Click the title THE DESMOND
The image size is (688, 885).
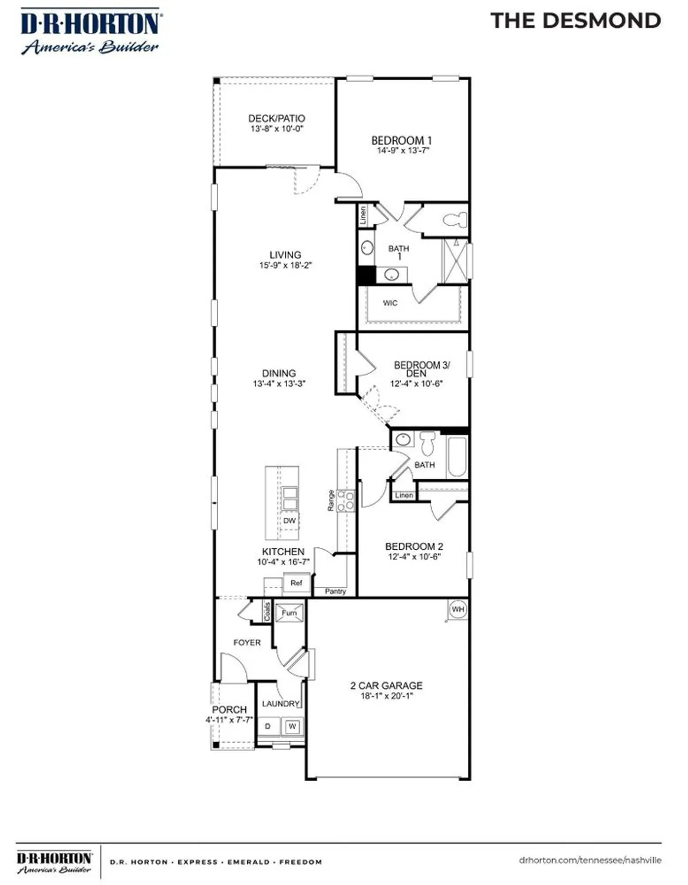575,21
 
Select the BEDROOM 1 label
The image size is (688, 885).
401,140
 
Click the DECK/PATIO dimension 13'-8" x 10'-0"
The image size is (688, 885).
276,129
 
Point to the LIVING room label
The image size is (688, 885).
285,255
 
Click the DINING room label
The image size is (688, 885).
279,373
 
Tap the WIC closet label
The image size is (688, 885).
390,303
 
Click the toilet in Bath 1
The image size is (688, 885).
455,220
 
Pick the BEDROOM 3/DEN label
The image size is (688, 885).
421,369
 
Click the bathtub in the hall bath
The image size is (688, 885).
457,457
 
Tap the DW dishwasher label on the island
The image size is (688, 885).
289,520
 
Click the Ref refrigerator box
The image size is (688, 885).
296,583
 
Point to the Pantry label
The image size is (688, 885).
335,591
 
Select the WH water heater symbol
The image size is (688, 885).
458,609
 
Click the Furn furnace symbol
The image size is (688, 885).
289,612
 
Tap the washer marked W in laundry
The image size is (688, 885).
292,726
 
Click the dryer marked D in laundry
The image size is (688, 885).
268,726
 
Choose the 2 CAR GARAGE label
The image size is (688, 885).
386,686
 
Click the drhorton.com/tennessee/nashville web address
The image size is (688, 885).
590,860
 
